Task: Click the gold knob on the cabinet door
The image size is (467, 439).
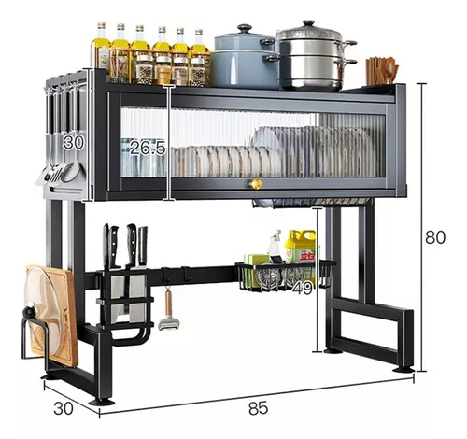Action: [x=255, y=184]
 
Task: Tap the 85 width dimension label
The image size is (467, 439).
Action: [x=258, y=408]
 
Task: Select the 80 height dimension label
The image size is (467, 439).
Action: [x=435, y=237]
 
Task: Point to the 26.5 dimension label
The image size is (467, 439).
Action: [x=148, y=148]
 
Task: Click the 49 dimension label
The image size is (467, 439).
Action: [x=303, y=288]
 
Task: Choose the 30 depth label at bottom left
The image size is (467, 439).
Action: [x=64, y=408]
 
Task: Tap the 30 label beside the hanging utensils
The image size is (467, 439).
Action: [x=74, y=143]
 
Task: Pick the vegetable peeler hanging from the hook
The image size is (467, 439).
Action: [x=168, y=310]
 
